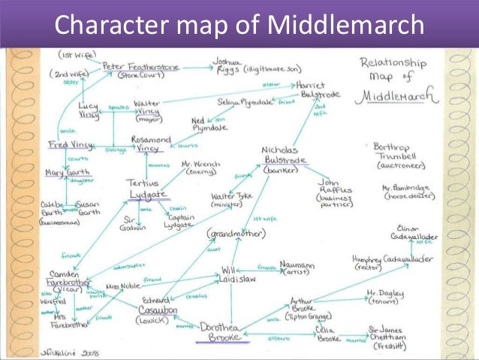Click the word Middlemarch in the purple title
[344, 27]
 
